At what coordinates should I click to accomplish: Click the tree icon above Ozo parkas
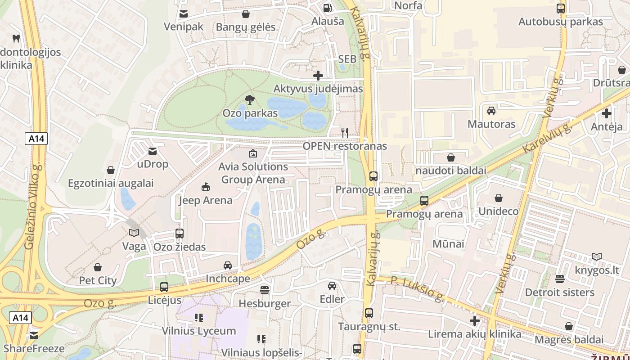click(x=249, y=100)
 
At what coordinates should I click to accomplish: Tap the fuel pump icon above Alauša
click(x=327, y=8)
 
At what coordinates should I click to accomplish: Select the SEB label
click(x=347, y=59)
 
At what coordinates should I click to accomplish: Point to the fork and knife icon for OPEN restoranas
click(x=345, y=132)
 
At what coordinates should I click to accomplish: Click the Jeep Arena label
click(x=206, y=200)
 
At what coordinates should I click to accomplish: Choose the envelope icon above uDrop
click(x=153, y=151)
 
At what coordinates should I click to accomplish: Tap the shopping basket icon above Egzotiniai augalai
click(x=111, y=170)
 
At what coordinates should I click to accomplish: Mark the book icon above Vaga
click(x=134, y=233)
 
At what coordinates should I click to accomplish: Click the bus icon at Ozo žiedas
click(x=180, y=234)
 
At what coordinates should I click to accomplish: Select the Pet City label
click(x=98, y=280)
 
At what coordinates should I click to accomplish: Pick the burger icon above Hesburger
click(x=265, y=290)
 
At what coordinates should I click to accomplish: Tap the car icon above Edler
click(x=332, y=286)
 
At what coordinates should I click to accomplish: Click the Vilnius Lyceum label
click(x=199, y=331)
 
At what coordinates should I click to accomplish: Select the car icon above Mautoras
click(x=491, y=111)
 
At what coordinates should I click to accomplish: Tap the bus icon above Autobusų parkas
click(x=561, y=9)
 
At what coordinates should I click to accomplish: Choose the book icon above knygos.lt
click(x=597, y=257)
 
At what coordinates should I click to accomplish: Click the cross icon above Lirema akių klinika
click(x=475, y=321)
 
